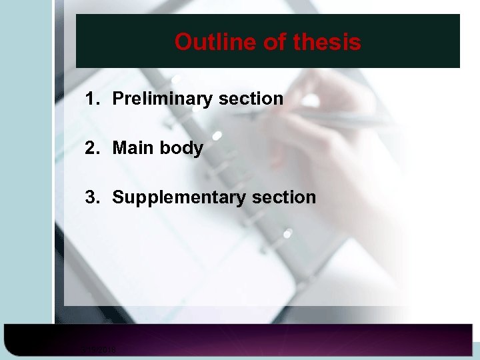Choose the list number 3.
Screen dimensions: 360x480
click(x=91, y=197)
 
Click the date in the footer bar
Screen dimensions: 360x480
click(x=99, y=349)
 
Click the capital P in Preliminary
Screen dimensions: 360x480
click(x=118, y=99)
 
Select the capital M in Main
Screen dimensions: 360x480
click(x=120, y=148)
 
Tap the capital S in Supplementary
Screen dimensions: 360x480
click(x=118, y=197)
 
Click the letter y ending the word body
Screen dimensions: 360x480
click(x=198, y=149)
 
